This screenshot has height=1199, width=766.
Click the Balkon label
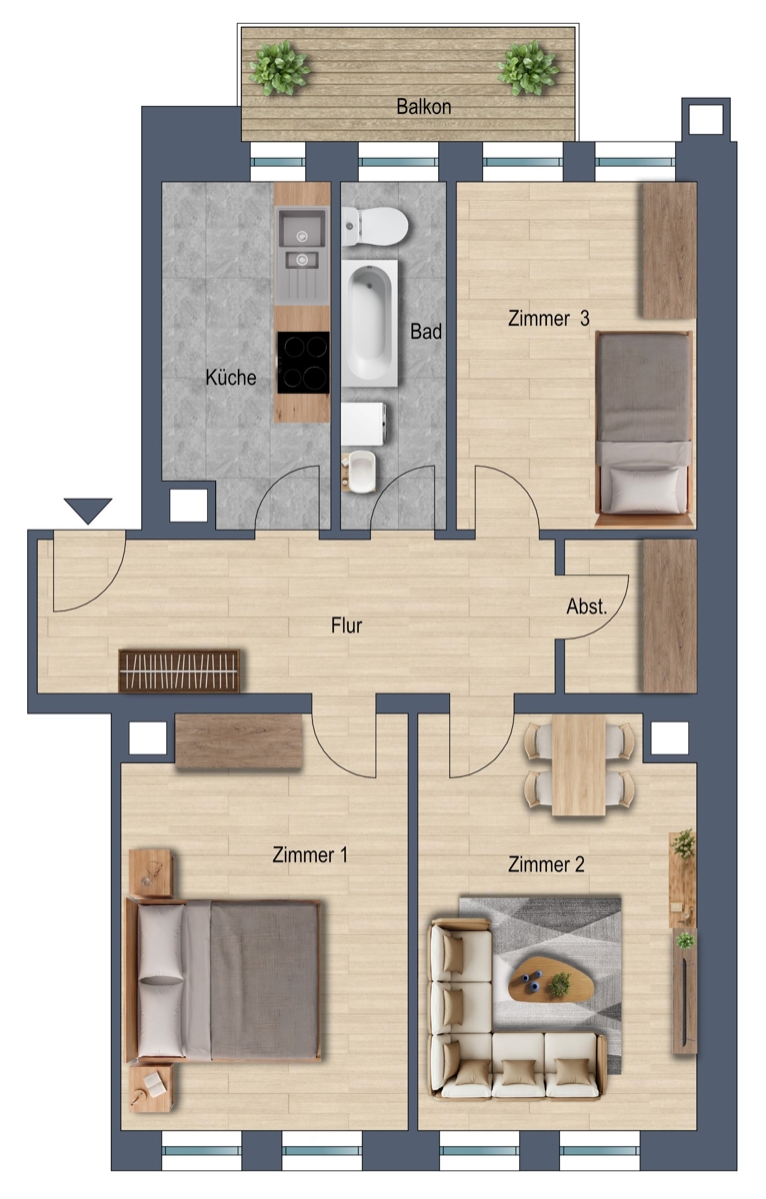click(x=423, y=107)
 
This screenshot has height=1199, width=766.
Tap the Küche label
click(x=231, y=378)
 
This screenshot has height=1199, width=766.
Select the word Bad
click(x=426, y=332)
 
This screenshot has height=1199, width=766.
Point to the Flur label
click(x=347, y=625)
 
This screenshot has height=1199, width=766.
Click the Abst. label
click(x=587, y=606)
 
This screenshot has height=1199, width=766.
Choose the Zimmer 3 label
click(x=549, y=319)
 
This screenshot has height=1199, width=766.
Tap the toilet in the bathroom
click(x=374, y=227)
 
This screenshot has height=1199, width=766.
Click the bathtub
click(x=370, y=324)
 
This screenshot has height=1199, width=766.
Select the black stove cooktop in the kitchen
click(x=303, y=363)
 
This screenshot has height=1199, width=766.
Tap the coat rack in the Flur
click(x=179, y=670)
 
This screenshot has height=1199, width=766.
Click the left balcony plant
click(x=279, y=68)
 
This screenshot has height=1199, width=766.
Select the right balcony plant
click(x=528, y=68)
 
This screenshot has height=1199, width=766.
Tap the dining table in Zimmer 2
click(x=579, y=766)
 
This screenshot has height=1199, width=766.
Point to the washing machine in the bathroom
click(x=363, y=424)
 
